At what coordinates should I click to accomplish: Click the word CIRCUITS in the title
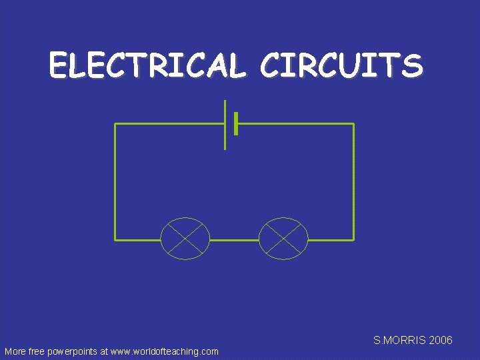point(341,66)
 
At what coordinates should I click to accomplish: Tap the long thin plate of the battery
point(225,125)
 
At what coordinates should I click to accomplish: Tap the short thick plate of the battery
point(236,124)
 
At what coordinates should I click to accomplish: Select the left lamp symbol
point(185,239)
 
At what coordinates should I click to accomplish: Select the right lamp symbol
point(283,239)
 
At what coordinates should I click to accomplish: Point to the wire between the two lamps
point(234,239)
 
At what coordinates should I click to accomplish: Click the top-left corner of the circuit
point(115,124)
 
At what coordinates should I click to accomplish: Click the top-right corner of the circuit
point(353,124)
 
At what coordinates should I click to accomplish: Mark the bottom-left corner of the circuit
point(115,239)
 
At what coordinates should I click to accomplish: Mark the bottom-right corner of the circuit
point(353,239)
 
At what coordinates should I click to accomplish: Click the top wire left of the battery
point(170,124)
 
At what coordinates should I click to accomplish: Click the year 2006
point(441,341)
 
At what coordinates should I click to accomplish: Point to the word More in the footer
point(15,351)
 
